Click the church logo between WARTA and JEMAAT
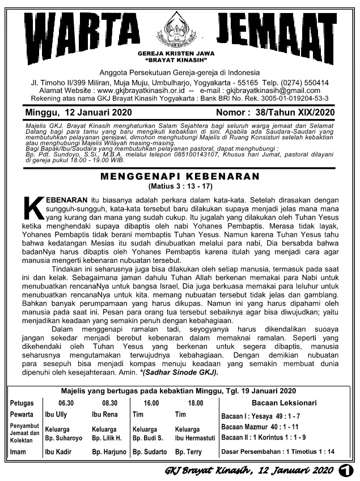click(180, 30)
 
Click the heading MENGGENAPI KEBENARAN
click(179, 177)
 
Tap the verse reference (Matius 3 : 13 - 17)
click(179, 186)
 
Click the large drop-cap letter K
click(34, 211)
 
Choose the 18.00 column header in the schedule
click(195, 403)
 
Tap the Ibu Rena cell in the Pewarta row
click(104, 414)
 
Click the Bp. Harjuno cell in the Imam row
click(109, 452)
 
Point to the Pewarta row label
click(22, 414)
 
